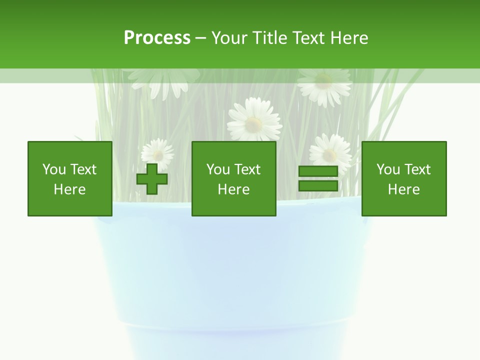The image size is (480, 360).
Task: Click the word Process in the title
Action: point(157,38)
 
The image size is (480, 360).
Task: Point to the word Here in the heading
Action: point(349,38)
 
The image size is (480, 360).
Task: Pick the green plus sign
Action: point(152,179)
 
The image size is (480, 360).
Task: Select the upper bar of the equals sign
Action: point(318,171)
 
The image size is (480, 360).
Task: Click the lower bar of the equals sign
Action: point(318,186)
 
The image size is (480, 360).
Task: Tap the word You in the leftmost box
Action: point(54,169)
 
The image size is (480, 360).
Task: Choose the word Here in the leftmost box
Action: point(69,189)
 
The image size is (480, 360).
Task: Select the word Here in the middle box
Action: point(233,189)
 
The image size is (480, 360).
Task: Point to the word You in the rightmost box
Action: point(388,169)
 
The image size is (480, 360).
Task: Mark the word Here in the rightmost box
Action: point(403,189)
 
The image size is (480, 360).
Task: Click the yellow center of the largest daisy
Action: point(254,122)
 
